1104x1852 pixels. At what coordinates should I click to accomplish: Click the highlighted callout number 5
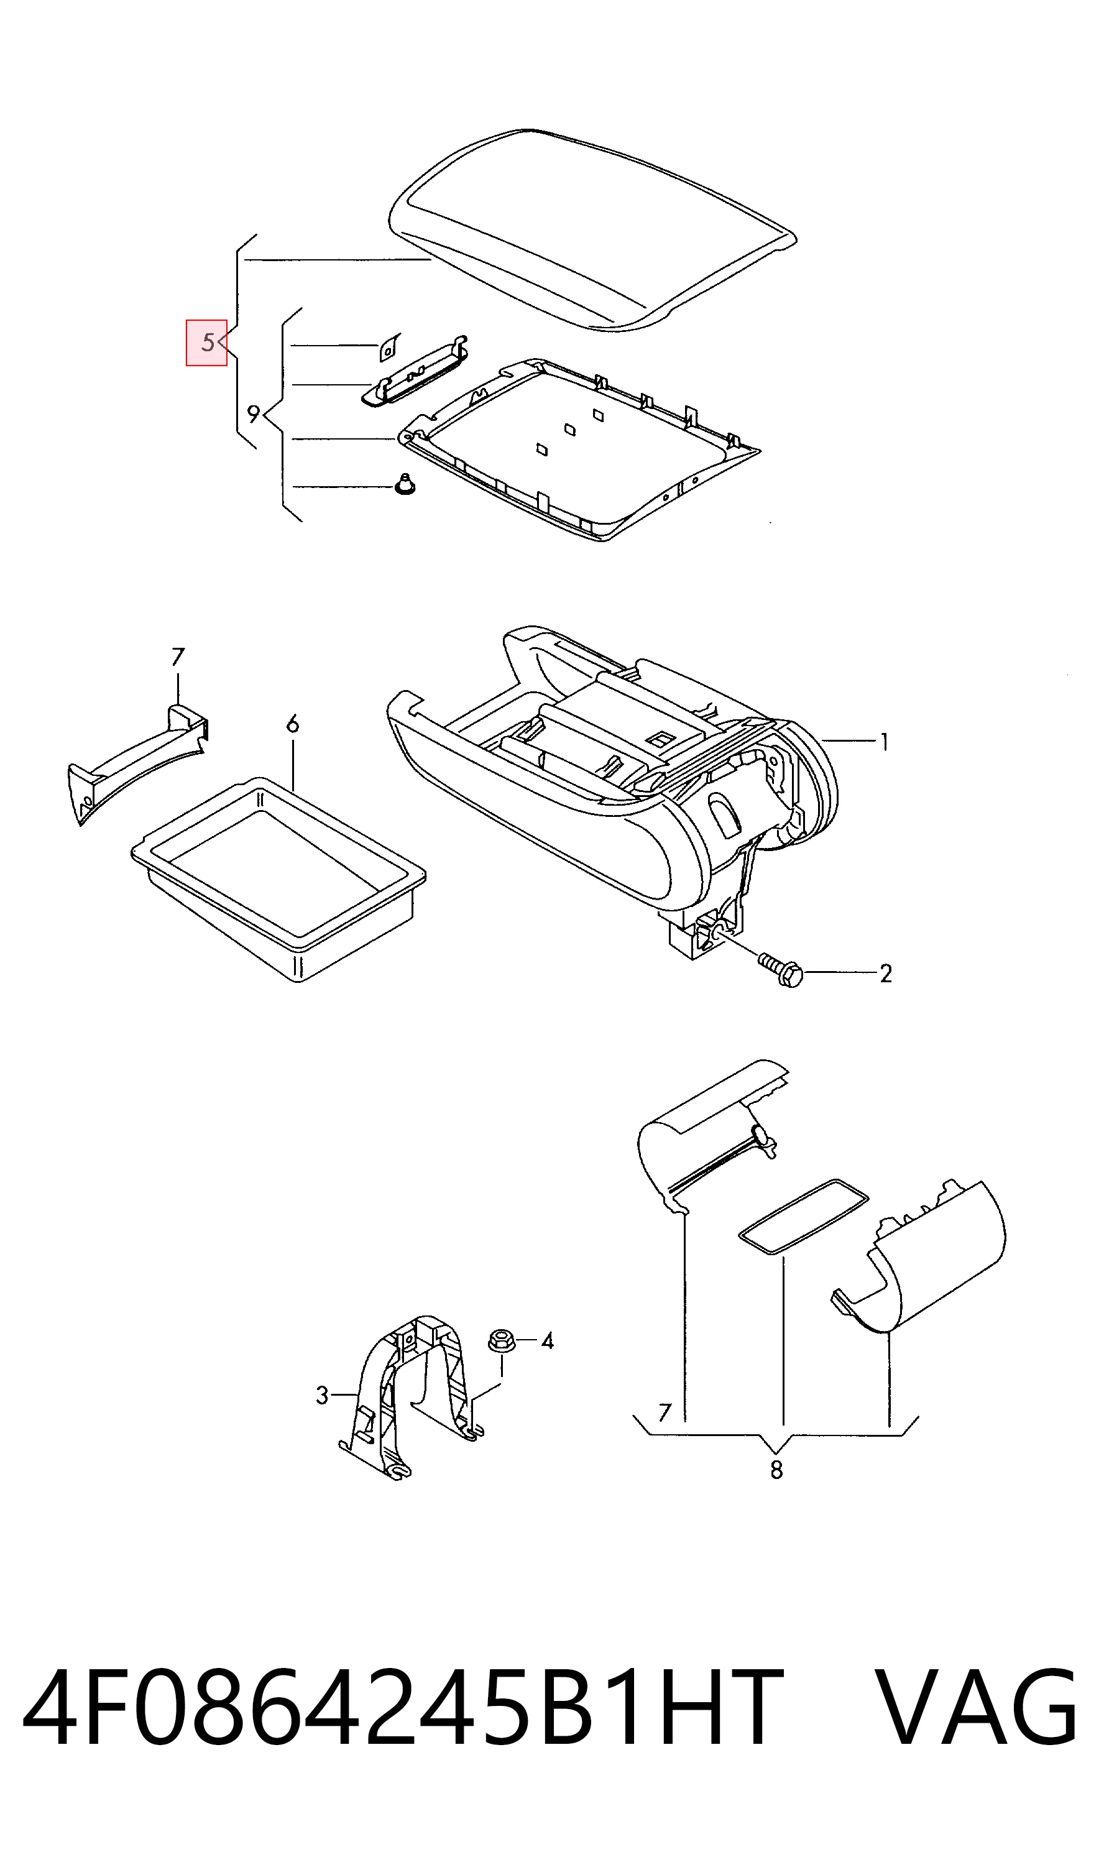click(x=208, y=343)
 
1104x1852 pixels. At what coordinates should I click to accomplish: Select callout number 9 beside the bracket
click(x=254, y=413)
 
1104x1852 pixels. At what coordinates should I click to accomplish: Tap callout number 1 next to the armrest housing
click(x=884, y=742)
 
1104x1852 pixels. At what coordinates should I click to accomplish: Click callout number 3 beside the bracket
click(x=322, y=1395)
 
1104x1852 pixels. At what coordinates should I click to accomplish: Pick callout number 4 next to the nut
click(x=548, y=1341)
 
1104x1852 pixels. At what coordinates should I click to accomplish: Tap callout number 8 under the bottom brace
click(x=776, y=1470)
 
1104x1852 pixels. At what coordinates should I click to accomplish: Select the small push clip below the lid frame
click(x=405, y=484)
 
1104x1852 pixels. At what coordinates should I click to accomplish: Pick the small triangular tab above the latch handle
click(x=389, y=347)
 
